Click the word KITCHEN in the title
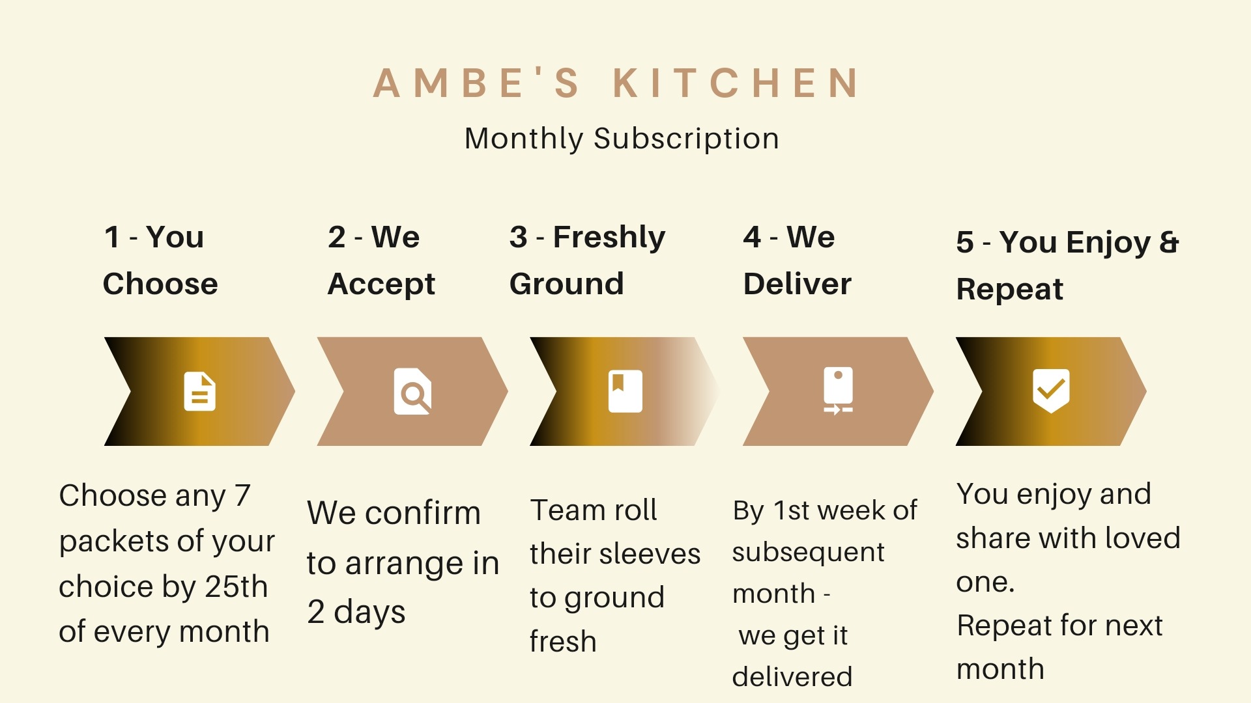click(x=736, y=83)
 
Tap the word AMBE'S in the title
click(x=476, y=83)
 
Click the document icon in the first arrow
click(x=199, y=391)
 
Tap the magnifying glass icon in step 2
click(x=412, y=392)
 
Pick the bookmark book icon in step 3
click(x=625, y=391)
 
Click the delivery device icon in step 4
click(x=838, y=391)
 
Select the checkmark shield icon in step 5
click(x=1051, y=391)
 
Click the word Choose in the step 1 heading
click(x=160, y=284)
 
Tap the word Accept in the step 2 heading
click(x=381, y=284)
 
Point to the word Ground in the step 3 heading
click(x=566, y=284)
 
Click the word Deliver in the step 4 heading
click(x=797, y=284)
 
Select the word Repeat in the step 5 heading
click(x=1009, y=289)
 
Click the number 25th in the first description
click(x=237, y=586)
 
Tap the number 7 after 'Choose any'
click(x=242, y=495)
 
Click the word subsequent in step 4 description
click(x=808, y=553)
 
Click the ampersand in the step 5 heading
click(x=1169, y=242)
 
